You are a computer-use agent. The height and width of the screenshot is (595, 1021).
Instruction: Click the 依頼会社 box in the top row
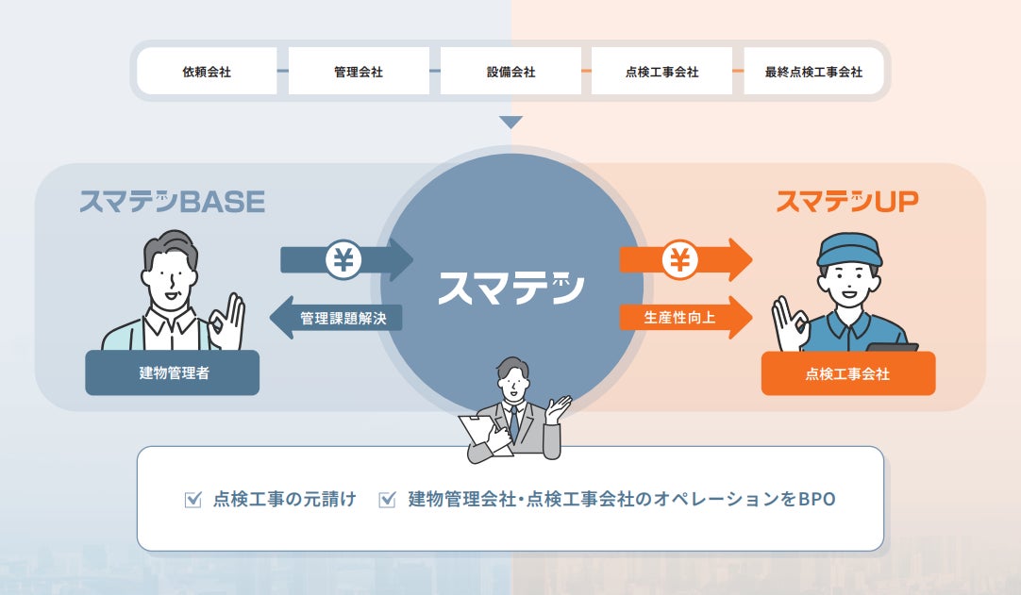click(207, 72)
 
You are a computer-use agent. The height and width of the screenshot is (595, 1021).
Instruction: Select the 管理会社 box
click(359, 72)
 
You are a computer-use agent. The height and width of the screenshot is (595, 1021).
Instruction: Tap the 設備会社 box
click(510, 72)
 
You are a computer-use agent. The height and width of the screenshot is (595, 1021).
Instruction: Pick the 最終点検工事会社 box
click(814, 72)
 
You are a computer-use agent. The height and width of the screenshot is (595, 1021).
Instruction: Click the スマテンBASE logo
click(172, 201)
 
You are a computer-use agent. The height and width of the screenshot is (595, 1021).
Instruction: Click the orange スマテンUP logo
click(846, 201)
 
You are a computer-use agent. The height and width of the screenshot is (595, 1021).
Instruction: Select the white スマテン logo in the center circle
click(510, 287)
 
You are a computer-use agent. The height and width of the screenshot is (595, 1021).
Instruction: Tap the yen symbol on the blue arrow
click(343, 259)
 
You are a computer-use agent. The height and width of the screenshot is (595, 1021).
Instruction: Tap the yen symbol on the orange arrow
click(679, 259)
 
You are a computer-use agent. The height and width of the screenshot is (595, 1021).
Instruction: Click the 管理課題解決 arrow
click(341, 319)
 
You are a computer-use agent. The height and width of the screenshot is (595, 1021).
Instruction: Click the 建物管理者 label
click(173, 373)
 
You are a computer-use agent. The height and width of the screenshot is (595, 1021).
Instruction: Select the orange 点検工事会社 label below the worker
click(847, 373)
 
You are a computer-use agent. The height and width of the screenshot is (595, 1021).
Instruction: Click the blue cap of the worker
click(848, 248)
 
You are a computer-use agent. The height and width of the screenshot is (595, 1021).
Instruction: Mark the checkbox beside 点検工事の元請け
click(193, 500)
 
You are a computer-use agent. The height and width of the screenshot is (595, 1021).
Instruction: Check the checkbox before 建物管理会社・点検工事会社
click(387, 500)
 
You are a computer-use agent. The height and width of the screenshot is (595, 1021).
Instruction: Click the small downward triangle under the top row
click(510, 123)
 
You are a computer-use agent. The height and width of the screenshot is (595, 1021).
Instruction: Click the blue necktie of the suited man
click(513, 421)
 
